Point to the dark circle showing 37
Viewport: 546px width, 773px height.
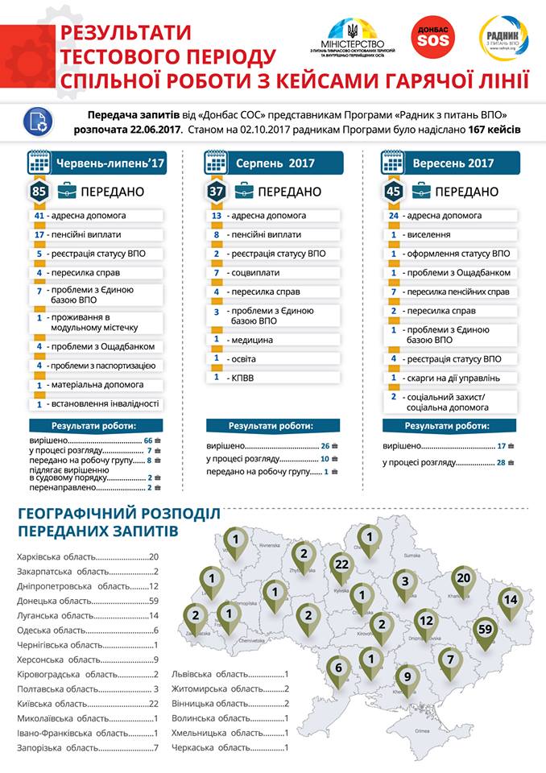click(216, 192)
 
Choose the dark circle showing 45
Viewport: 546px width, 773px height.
click(393, 192)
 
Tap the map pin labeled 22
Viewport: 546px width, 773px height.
click(341, 566)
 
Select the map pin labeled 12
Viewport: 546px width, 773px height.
click(427, 622)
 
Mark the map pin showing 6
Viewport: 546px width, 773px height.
click(339, 668)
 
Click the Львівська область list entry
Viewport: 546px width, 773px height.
click(230, 675)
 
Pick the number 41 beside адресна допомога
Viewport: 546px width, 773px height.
click(39, 216)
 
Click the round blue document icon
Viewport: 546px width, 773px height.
click(37, 121)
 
